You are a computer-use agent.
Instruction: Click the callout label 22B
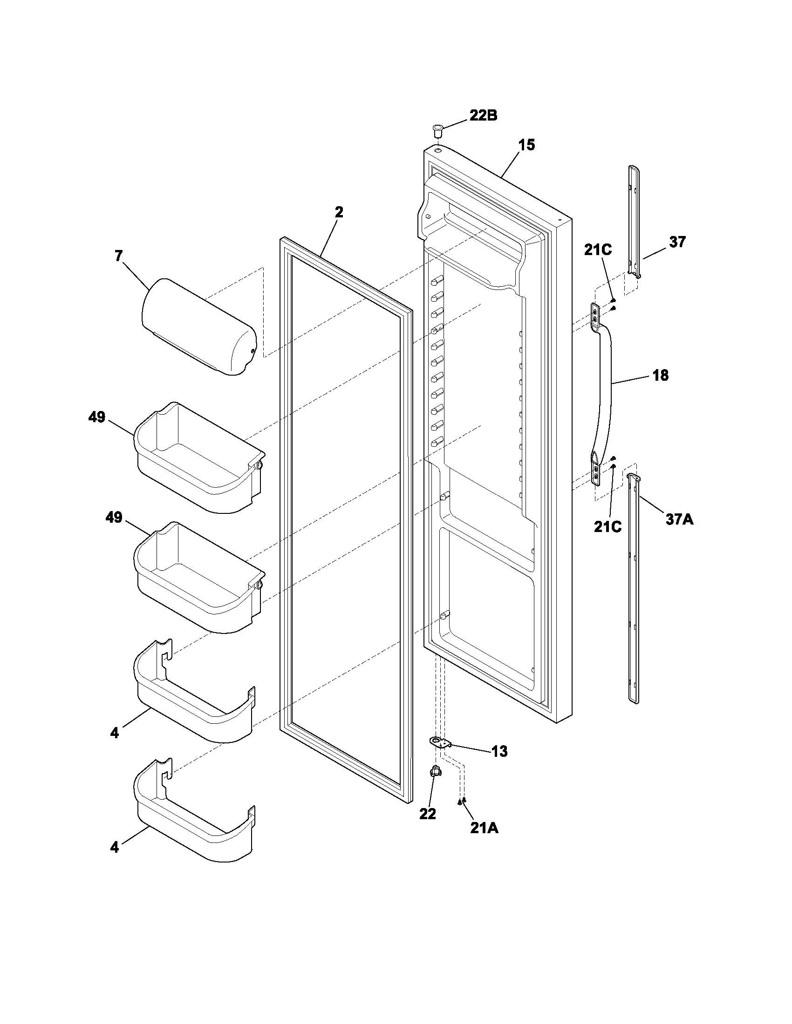tap(483, 115)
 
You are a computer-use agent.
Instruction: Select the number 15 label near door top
tap(526, 145)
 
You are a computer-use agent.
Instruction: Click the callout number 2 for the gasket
tap(339, 212)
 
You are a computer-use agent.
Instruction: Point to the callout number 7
tap(118, 256)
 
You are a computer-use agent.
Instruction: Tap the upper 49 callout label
tap(96, 417)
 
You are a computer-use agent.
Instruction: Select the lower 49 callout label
tap(114, 518)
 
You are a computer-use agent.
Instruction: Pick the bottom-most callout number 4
tap(115, 848)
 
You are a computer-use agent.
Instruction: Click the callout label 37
tap(677, 242)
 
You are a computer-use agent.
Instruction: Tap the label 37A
tap(679, 519)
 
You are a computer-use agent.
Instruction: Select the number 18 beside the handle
tap(661, 375)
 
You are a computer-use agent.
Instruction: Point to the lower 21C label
tap(608, 526)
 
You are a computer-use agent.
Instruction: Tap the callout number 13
tap(500, 752)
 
